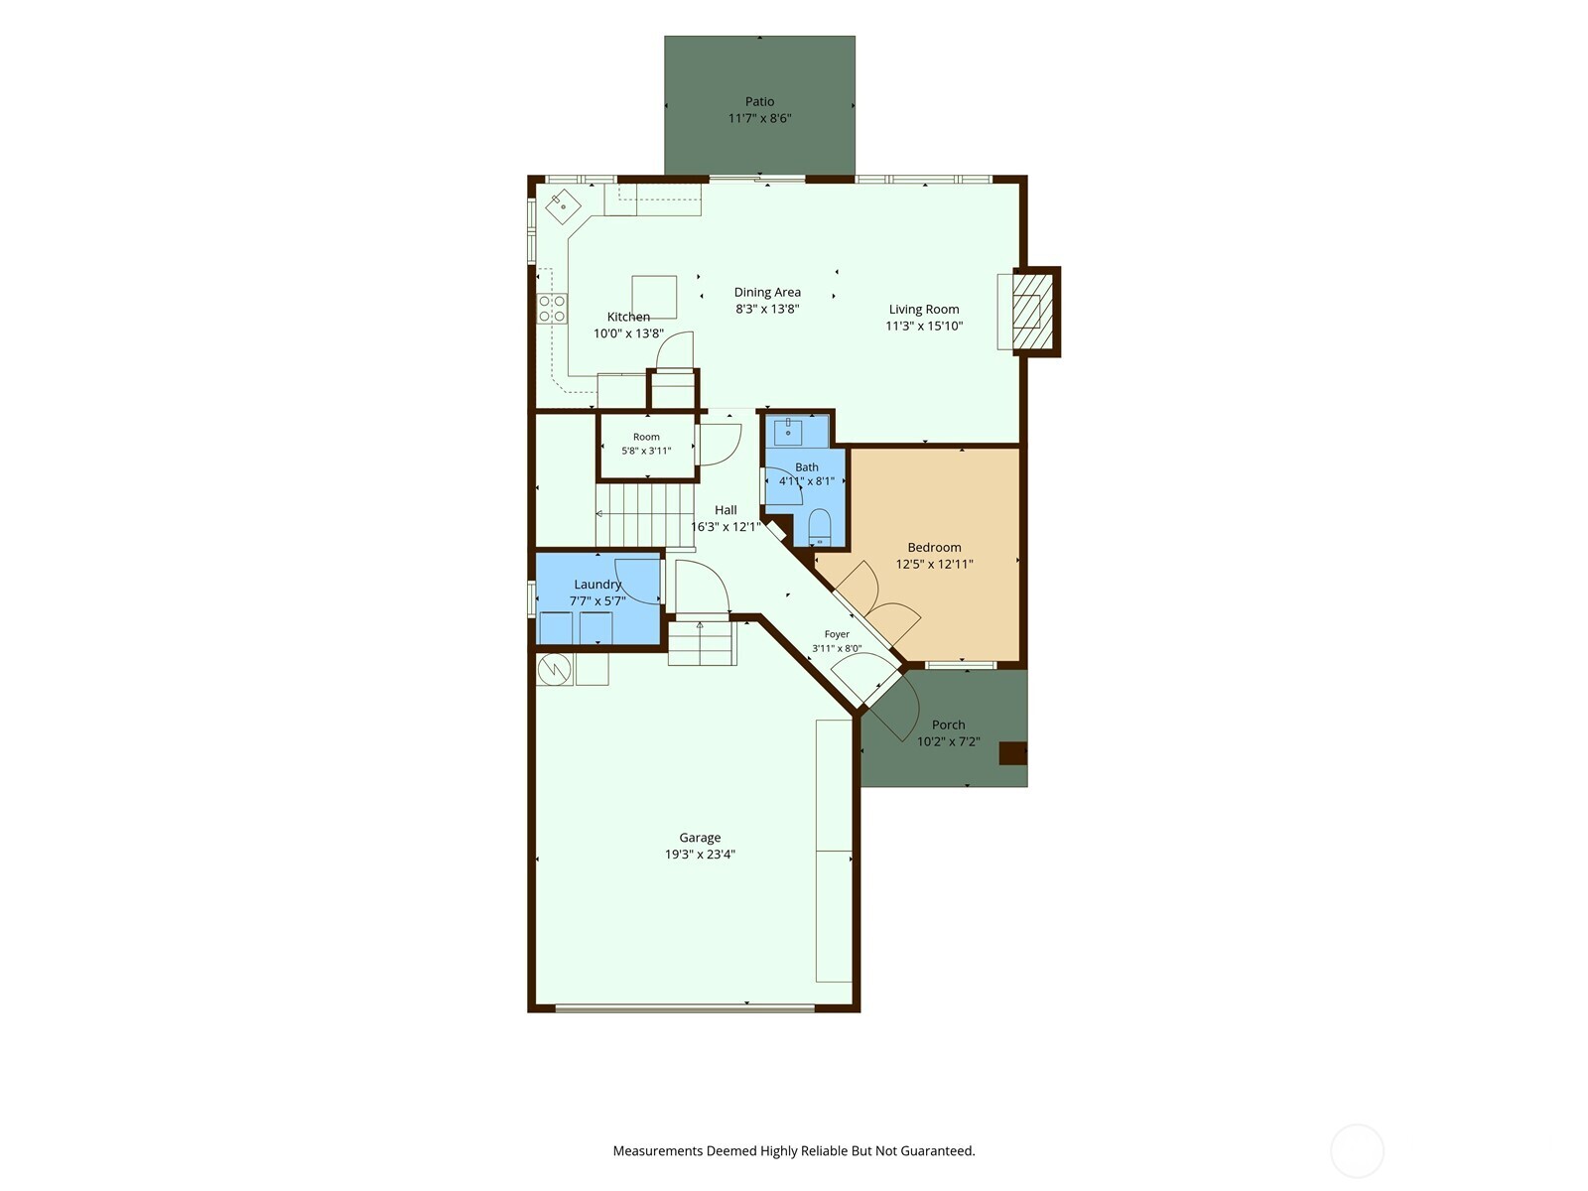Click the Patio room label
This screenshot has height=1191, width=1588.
[759, 102]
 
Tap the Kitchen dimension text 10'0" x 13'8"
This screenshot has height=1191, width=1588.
[628, 333]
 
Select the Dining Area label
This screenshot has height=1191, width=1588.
[767, 292]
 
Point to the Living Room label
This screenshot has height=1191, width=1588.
[924, 310]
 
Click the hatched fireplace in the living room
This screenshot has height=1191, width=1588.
[1026, 312]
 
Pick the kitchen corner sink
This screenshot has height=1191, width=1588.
[563, 206]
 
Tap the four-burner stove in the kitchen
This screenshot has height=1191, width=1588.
[552, 309]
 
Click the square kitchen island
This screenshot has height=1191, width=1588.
[654, 297]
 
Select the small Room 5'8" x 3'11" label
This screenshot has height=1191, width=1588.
[646, 437]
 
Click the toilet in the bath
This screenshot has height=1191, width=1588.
[819, 526]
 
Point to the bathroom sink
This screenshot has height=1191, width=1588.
[788, 432]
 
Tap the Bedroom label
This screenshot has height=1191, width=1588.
[934, 548]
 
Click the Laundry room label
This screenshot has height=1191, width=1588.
[597, 585]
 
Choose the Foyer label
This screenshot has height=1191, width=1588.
[837, 634]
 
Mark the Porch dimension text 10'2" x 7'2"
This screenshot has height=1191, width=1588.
[949, 741]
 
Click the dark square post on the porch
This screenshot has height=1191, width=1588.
[1013, 752]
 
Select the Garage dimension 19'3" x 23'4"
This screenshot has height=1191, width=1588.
[701, 854]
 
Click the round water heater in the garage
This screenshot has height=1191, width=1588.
[555, 669]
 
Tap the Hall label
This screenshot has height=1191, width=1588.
[726, 510]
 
